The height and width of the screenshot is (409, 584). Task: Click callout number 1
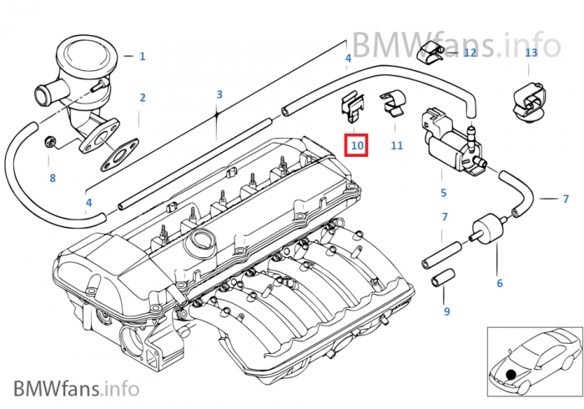click(142, 57)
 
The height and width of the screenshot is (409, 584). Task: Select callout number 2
click(143, 98)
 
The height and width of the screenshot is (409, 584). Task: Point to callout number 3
click(219, 95)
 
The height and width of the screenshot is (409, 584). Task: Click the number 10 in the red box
click(357, 145)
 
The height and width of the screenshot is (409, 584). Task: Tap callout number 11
click(396, 145)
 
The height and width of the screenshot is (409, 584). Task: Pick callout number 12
click(470, 53)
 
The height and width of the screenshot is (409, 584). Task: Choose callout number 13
click(531, 53)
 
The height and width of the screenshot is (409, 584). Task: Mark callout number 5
click(444, 193)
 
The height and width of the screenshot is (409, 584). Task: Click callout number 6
click(500, 284)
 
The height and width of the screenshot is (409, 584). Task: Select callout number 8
click(53, 178)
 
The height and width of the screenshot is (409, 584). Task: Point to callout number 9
click(446, 311)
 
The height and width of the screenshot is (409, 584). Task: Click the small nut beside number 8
click(51, 140)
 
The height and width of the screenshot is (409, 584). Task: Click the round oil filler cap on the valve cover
click(199, 244)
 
